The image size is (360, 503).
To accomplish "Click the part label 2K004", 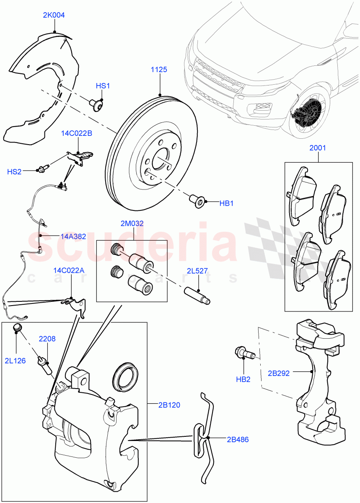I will point(54,15).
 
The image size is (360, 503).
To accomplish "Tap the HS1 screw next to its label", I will point(97,104).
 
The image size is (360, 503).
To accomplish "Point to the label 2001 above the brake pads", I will point(317,148).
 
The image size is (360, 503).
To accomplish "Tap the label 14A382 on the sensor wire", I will point(73,236).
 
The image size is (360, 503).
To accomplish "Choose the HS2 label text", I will point(14,171).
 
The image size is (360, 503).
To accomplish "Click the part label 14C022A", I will point(69,270).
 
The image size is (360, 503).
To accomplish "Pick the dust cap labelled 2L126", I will point(17,328).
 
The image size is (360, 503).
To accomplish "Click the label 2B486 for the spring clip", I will point(238,439).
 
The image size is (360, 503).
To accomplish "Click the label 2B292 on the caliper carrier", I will point(279,373).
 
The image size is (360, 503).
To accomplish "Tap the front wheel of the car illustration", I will point(308,112).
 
